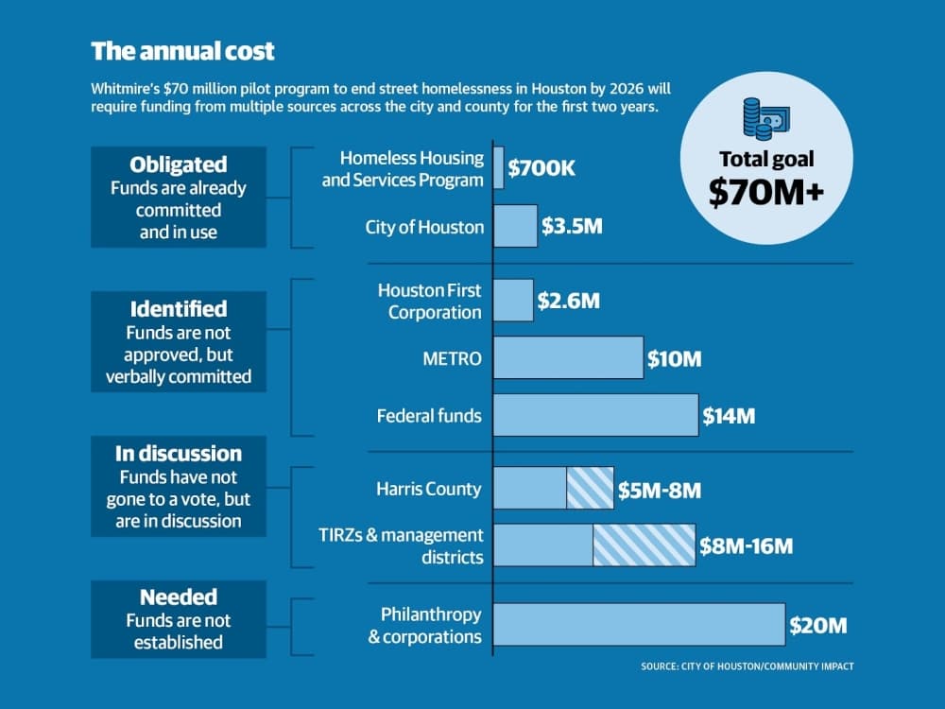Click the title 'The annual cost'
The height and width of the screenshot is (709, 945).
pos(182,51)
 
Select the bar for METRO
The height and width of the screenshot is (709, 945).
pos(568,357)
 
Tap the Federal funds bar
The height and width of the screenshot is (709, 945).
pos(596,415)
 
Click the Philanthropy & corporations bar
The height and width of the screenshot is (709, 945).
pos(640,625)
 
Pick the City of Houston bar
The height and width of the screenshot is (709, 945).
pos(515,226)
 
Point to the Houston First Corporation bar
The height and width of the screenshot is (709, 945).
pos(513,301)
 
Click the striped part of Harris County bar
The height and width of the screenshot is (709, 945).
pos(590,488)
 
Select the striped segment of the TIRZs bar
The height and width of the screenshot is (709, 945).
pos(644,545)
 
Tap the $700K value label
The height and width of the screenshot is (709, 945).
pos(541,167)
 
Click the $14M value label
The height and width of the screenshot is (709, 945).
pos(729,415)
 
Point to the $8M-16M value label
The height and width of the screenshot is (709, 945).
pos(747,545)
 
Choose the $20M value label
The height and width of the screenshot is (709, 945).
pos(817,625)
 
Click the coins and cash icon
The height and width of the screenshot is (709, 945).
pos(766,119)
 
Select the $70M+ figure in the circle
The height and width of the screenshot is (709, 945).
pos(766,192)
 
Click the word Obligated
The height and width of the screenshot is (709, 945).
pos(179,164)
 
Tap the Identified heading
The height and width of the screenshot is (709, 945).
pos(179,309)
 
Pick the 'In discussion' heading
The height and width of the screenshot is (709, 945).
pos(179,454)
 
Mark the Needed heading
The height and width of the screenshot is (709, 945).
pos(179,597)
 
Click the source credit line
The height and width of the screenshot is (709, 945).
pos(747,666)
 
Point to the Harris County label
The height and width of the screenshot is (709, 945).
pos(428,489)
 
